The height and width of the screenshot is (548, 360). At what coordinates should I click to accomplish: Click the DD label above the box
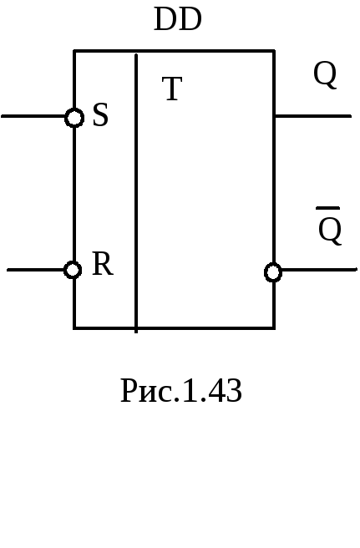click(178, 19)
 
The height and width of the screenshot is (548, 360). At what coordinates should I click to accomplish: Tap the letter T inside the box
click(172, 89)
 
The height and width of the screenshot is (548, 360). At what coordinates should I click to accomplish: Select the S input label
click(101, 114)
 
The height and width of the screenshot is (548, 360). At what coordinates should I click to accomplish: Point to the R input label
click(103, 263)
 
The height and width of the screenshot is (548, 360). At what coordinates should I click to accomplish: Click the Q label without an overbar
click(325, 74)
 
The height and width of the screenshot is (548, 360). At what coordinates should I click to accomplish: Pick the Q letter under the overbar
click(330, 230)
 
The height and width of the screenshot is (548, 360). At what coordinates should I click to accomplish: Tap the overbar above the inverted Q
click(328, 208)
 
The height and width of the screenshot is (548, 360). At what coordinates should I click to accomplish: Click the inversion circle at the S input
click(74, 118)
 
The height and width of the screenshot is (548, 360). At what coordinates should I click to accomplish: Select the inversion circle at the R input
click(73, 270)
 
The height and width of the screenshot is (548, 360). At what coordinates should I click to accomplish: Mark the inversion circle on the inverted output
click(273, 272)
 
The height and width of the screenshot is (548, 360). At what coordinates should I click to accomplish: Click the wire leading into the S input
click(33, 115)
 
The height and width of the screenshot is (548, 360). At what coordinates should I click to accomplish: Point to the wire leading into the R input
click(36, 270)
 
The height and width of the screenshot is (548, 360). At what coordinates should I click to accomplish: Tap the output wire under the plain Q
click(313, 115)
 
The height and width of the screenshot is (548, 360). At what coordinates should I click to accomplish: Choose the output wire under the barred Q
click(319, 270)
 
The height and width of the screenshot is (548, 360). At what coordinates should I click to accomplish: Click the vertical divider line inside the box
click(136, 193)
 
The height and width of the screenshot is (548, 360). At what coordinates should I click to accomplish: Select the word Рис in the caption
click(147, 391)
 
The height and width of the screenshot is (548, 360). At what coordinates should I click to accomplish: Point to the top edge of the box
click(174, 52)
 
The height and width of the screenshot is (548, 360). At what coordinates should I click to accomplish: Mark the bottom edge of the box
click(174, 327)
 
